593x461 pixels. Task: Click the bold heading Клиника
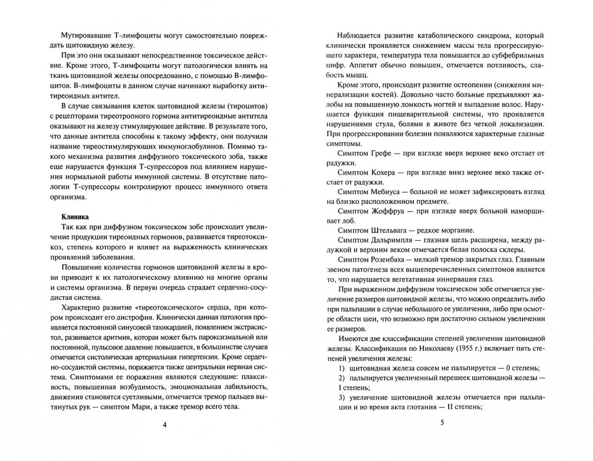pos(75,217)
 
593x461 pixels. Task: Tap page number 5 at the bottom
pos(442,423)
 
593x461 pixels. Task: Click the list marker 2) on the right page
pos(342,378)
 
